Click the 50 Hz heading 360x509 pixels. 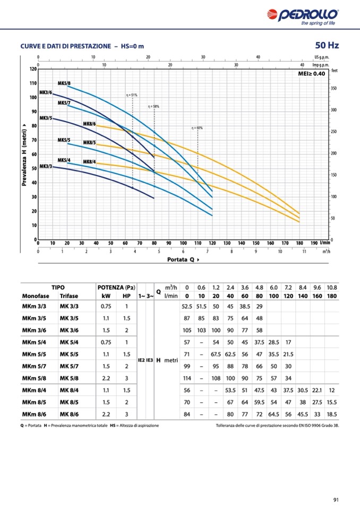[x=327, y=45]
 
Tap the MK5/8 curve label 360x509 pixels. [x=64, y=83]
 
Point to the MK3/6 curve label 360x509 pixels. [x=46, y=92]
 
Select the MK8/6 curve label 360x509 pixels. [x=89, y=124]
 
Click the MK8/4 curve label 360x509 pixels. [x=89, y=161]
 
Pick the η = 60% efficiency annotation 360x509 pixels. [x=197, y=128]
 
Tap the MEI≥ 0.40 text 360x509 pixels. [x=312, y=74]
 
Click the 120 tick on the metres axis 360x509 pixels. [x=33, y=69]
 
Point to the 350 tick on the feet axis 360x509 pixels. [x=333, y=88]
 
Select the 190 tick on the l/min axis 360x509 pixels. [x=314, y=243]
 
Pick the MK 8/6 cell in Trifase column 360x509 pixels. [x=70, y=414]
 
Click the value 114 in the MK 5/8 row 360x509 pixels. [x=186, y=378]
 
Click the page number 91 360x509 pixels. [x=336, y=499]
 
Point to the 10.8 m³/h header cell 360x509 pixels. [x=331, y=287]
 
